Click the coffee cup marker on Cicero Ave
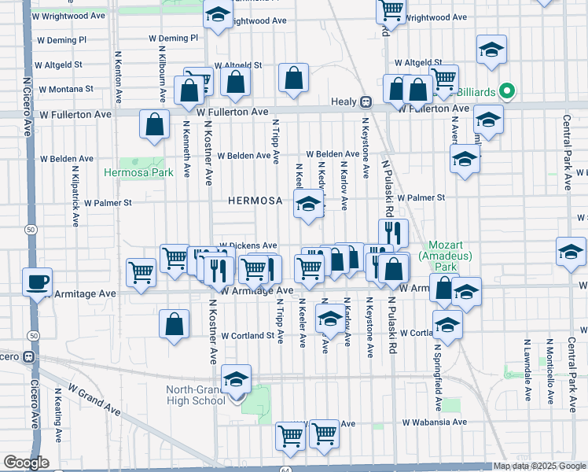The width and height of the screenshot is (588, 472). pyautogui.click(x=38, y=282)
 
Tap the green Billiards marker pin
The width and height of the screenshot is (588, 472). pyautogui.click(x=507, y=92)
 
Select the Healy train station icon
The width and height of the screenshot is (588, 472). pyautogui.click(x=366, y=101)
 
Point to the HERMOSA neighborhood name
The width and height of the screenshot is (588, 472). pyautogui.click(x=255, y=201)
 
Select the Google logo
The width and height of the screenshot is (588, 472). pyautogui.click(x=26, y=463)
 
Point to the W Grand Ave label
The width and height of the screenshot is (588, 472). pyautogui.click(x=92, y=400)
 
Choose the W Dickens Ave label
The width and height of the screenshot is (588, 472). pyautogui.click(x=248, y=245)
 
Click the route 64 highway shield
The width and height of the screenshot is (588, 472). pyautogui.click(x=288, y=470)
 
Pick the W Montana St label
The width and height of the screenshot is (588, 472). pyautogui.click(x=65, y=89)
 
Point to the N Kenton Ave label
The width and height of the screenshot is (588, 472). pyautogui.click(x=119, y=77)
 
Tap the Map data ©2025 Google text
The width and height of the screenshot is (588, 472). pyautogui.click(x=538, y=466)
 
